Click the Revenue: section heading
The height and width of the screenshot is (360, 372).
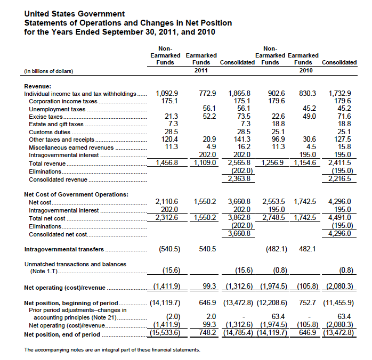click(37, 86)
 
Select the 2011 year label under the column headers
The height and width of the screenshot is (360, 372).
click(201, 70)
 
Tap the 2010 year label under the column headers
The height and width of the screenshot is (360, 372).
click(306, 70)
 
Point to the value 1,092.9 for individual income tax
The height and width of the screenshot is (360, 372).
click(167, 93)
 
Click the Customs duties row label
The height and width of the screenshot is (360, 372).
click(50, 132)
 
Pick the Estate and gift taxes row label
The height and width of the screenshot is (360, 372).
click(56, 124)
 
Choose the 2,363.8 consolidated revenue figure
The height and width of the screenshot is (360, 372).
click(239, 178)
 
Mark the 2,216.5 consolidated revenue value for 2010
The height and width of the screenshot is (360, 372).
click(339, 178)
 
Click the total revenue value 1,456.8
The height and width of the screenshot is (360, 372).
click(167, 162)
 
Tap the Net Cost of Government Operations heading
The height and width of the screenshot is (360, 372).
click(76, 194)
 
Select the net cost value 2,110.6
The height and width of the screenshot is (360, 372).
click(167, 201)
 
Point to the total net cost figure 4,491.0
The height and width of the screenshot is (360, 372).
click(339, 217)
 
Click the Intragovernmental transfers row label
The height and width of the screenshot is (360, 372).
click(64, 249)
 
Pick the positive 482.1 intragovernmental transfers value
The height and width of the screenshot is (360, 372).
click(307, 249)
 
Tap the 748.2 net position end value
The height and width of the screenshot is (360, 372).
click(208, 332)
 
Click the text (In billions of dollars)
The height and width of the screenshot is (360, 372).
click(48, 71)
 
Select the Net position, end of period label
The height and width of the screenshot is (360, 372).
click(62, 334)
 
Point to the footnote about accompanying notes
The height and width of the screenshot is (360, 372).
click(112, 350)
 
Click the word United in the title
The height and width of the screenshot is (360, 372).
click(37, 14)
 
